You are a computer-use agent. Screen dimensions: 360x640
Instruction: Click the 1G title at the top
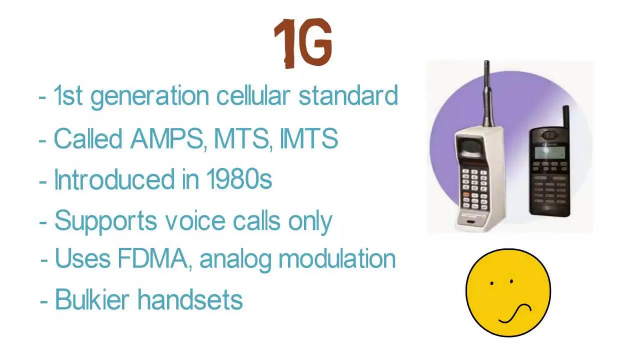302,43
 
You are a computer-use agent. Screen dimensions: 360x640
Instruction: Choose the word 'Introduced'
114,179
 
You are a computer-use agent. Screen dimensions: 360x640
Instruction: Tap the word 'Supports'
106,221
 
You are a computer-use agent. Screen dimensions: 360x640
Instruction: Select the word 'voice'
195,221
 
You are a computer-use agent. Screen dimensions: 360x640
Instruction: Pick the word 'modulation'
337,259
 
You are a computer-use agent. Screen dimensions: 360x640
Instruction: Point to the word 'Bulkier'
92,299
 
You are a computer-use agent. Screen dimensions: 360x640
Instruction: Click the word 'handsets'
190,299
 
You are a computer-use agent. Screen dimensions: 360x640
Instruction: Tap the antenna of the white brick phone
487,94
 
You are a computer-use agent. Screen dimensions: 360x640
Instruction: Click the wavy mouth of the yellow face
515,314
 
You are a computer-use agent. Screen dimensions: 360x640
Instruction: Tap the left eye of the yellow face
492,283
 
